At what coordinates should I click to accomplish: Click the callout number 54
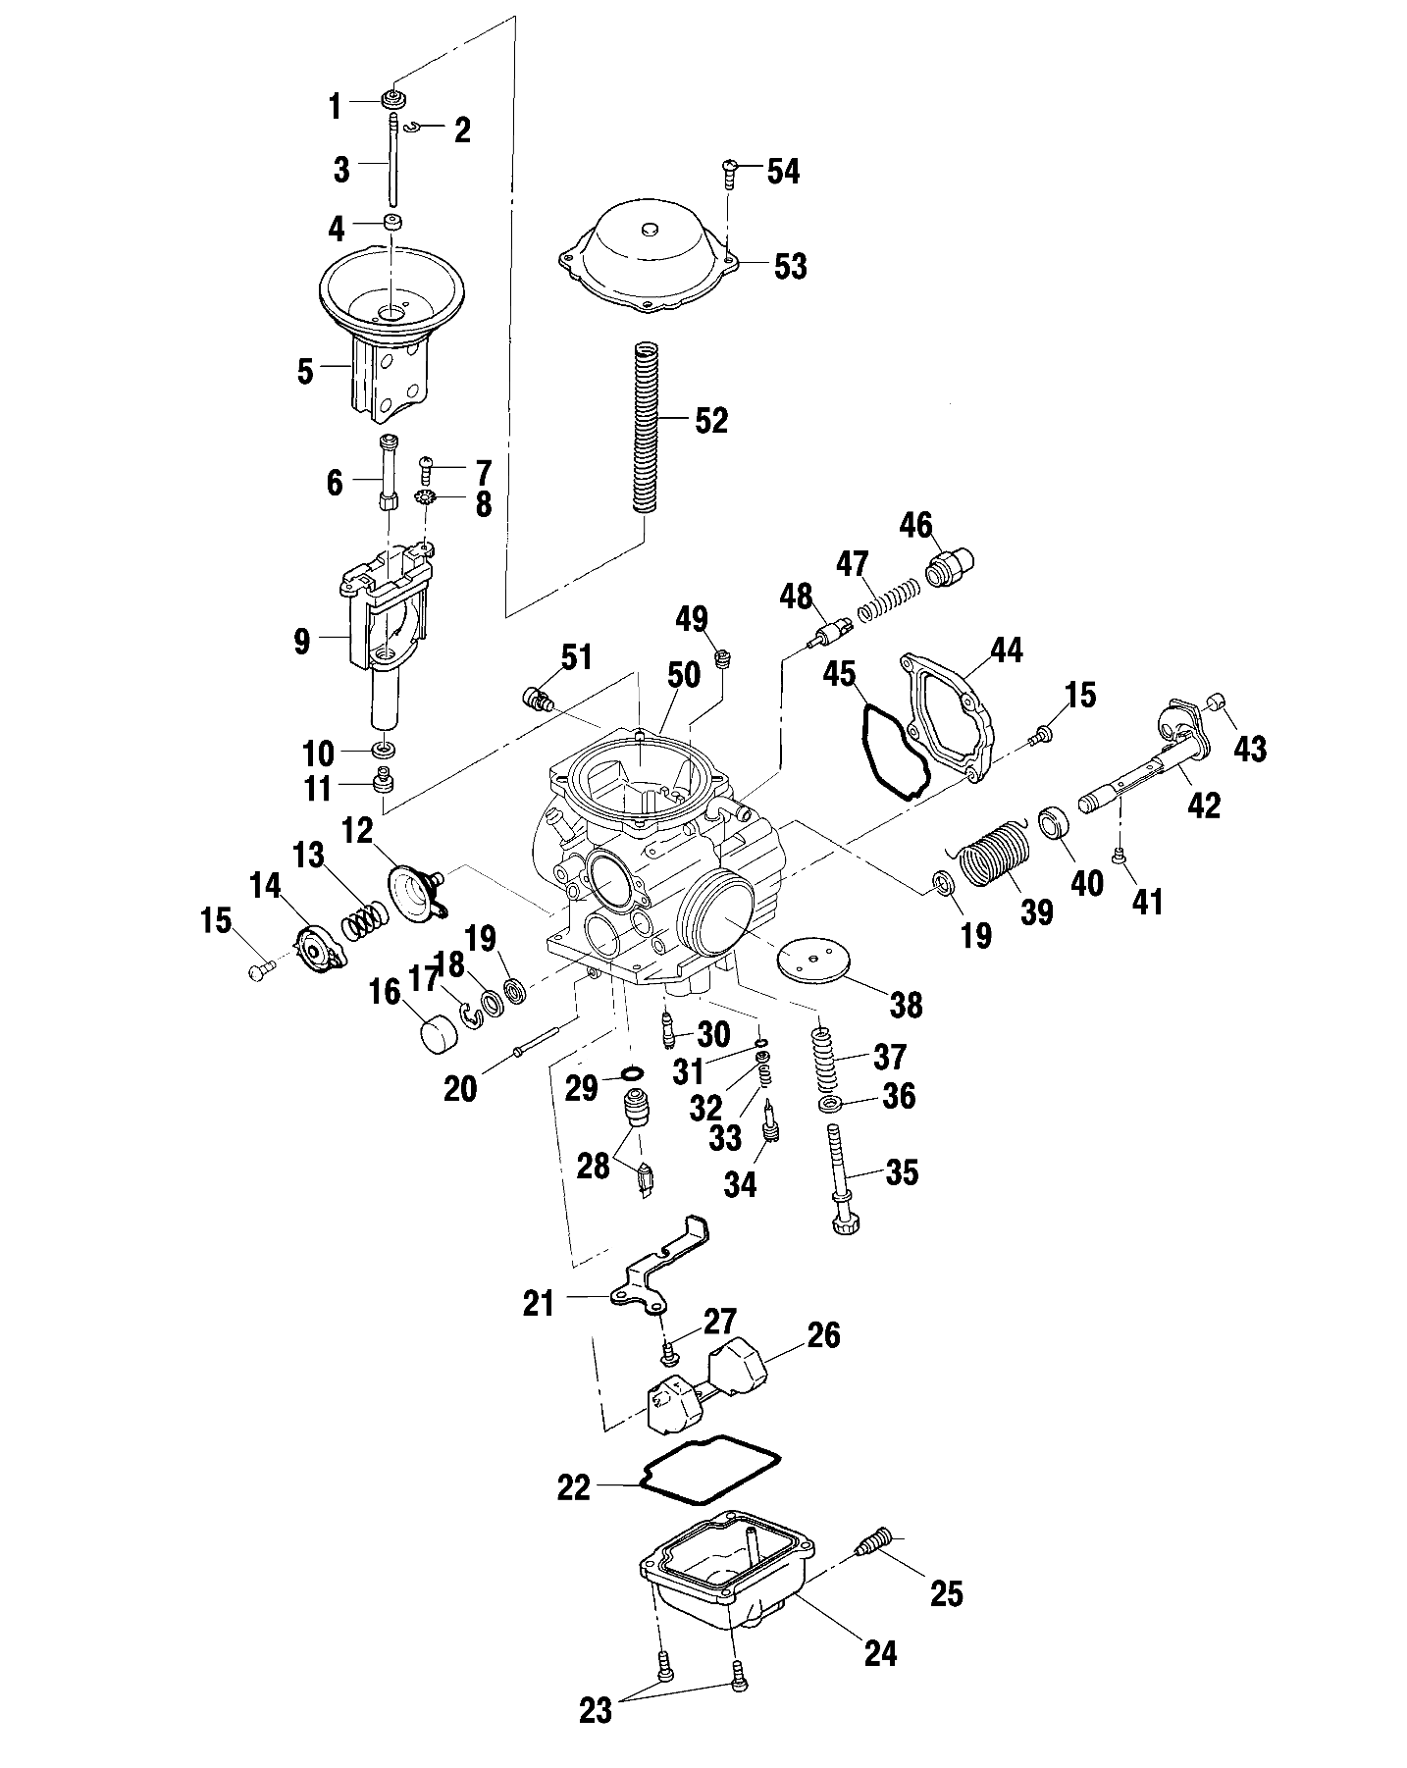[783, 172]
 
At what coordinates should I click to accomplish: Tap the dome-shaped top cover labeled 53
[648, 258]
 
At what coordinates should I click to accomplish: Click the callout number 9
[301, 642]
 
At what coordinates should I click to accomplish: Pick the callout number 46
[916, 525]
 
